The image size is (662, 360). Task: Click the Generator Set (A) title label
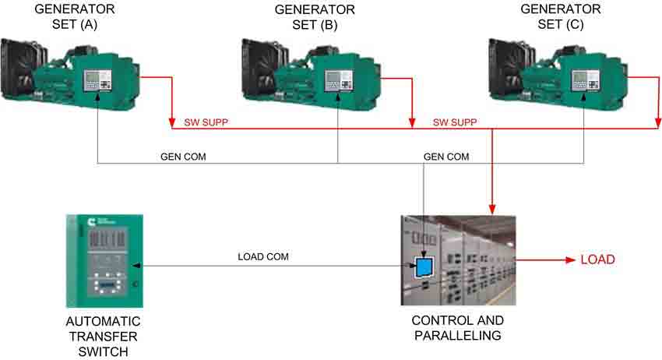click(75, 16)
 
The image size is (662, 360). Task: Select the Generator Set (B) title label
click(315, 17)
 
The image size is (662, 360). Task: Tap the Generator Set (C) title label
click(561, 16)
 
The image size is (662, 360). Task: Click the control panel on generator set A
click(97, 80)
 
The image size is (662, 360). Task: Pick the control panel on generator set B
click(339, 80)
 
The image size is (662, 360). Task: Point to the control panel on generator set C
click(585, 80)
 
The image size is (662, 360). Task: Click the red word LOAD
click(598, 259)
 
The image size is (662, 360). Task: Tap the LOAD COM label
click(263, 256)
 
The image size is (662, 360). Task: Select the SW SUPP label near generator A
click(206, 122)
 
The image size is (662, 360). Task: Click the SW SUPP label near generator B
click(455, 122)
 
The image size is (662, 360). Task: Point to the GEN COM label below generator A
click(183, 157)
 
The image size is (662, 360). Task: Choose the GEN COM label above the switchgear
click(446, 157)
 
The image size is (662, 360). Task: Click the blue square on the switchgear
click(424, 266)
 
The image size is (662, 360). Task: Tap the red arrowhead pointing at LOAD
click(570, 259)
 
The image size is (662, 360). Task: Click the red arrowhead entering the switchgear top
click(492, 210)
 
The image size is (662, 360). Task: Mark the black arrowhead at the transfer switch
click(136, 266)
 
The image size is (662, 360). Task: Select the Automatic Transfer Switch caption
click(103, 337)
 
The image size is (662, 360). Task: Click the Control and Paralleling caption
click(458, 328)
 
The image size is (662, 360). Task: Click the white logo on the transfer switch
click(91, 222)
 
